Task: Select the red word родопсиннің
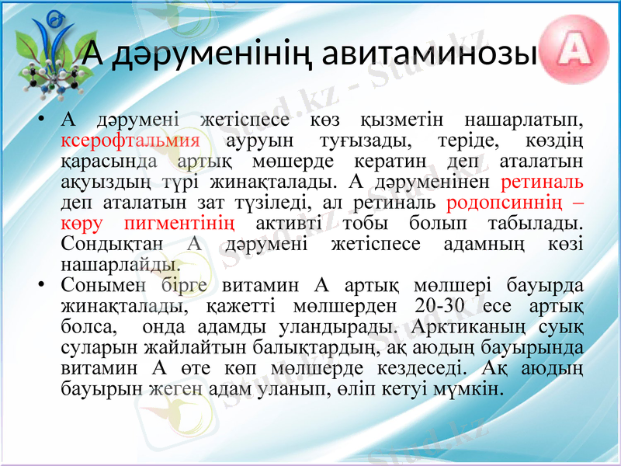(508, 203)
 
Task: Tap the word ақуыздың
(94, 183)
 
